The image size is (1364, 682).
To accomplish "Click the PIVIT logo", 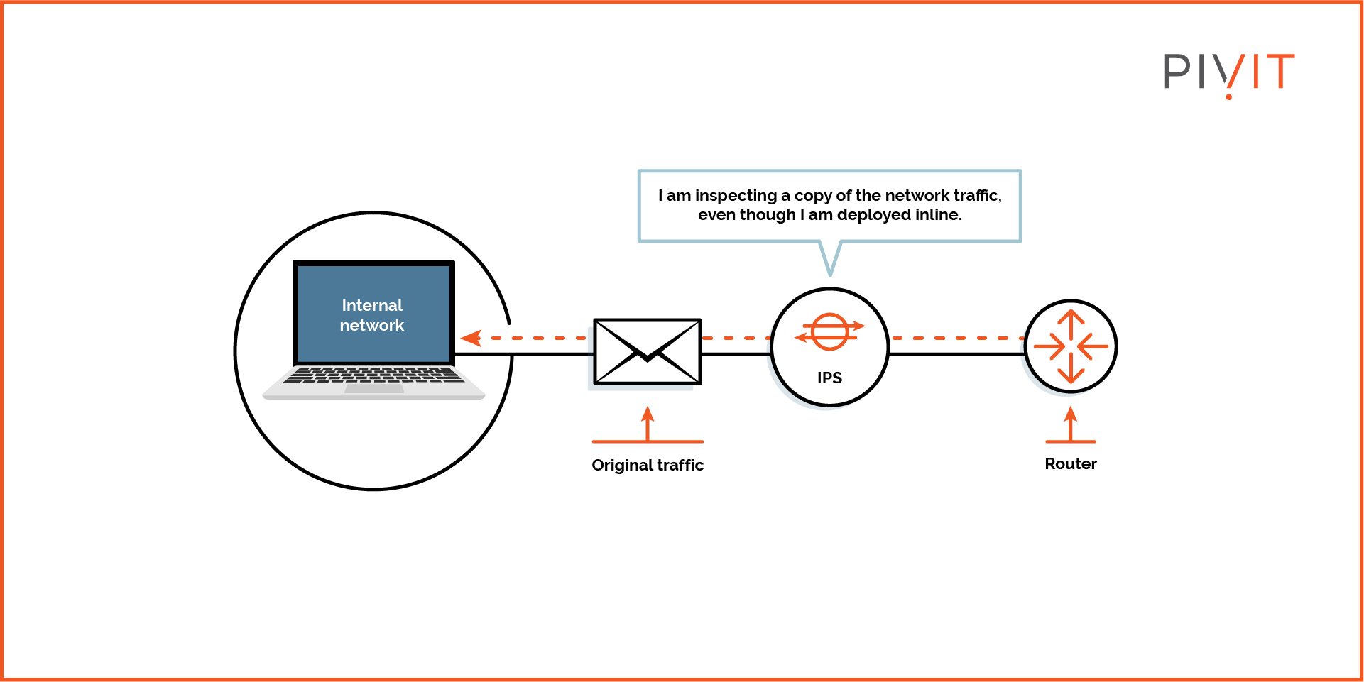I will click(x=1228, y=72).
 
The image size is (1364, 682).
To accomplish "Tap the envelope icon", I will click(x=647, y=351).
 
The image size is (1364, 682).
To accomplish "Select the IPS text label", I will click(x=829, y=378).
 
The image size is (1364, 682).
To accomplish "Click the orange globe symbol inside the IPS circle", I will click(x=829, y=331).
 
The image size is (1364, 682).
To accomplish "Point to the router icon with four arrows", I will click(x=1071, y=346).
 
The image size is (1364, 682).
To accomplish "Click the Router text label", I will click(x=1070, y=463).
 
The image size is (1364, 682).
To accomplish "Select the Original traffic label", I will click(x=647, y=465).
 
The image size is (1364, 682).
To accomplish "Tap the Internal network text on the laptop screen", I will click(x=372, y=315).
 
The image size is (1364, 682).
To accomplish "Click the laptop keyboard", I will click(x=373, y=375).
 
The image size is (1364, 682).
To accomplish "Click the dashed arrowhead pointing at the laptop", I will click(x=470, y=338).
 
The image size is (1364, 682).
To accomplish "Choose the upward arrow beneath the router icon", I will click(x=1071, y=424).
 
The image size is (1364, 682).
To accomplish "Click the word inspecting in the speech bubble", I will click(x=736, y=196).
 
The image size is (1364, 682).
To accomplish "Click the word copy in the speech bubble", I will click(x=812, y=196).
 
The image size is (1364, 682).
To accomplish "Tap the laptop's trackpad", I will click(x=374, y=388).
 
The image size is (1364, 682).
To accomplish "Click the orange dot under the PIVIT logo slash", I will click(x=1228, y=96).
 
